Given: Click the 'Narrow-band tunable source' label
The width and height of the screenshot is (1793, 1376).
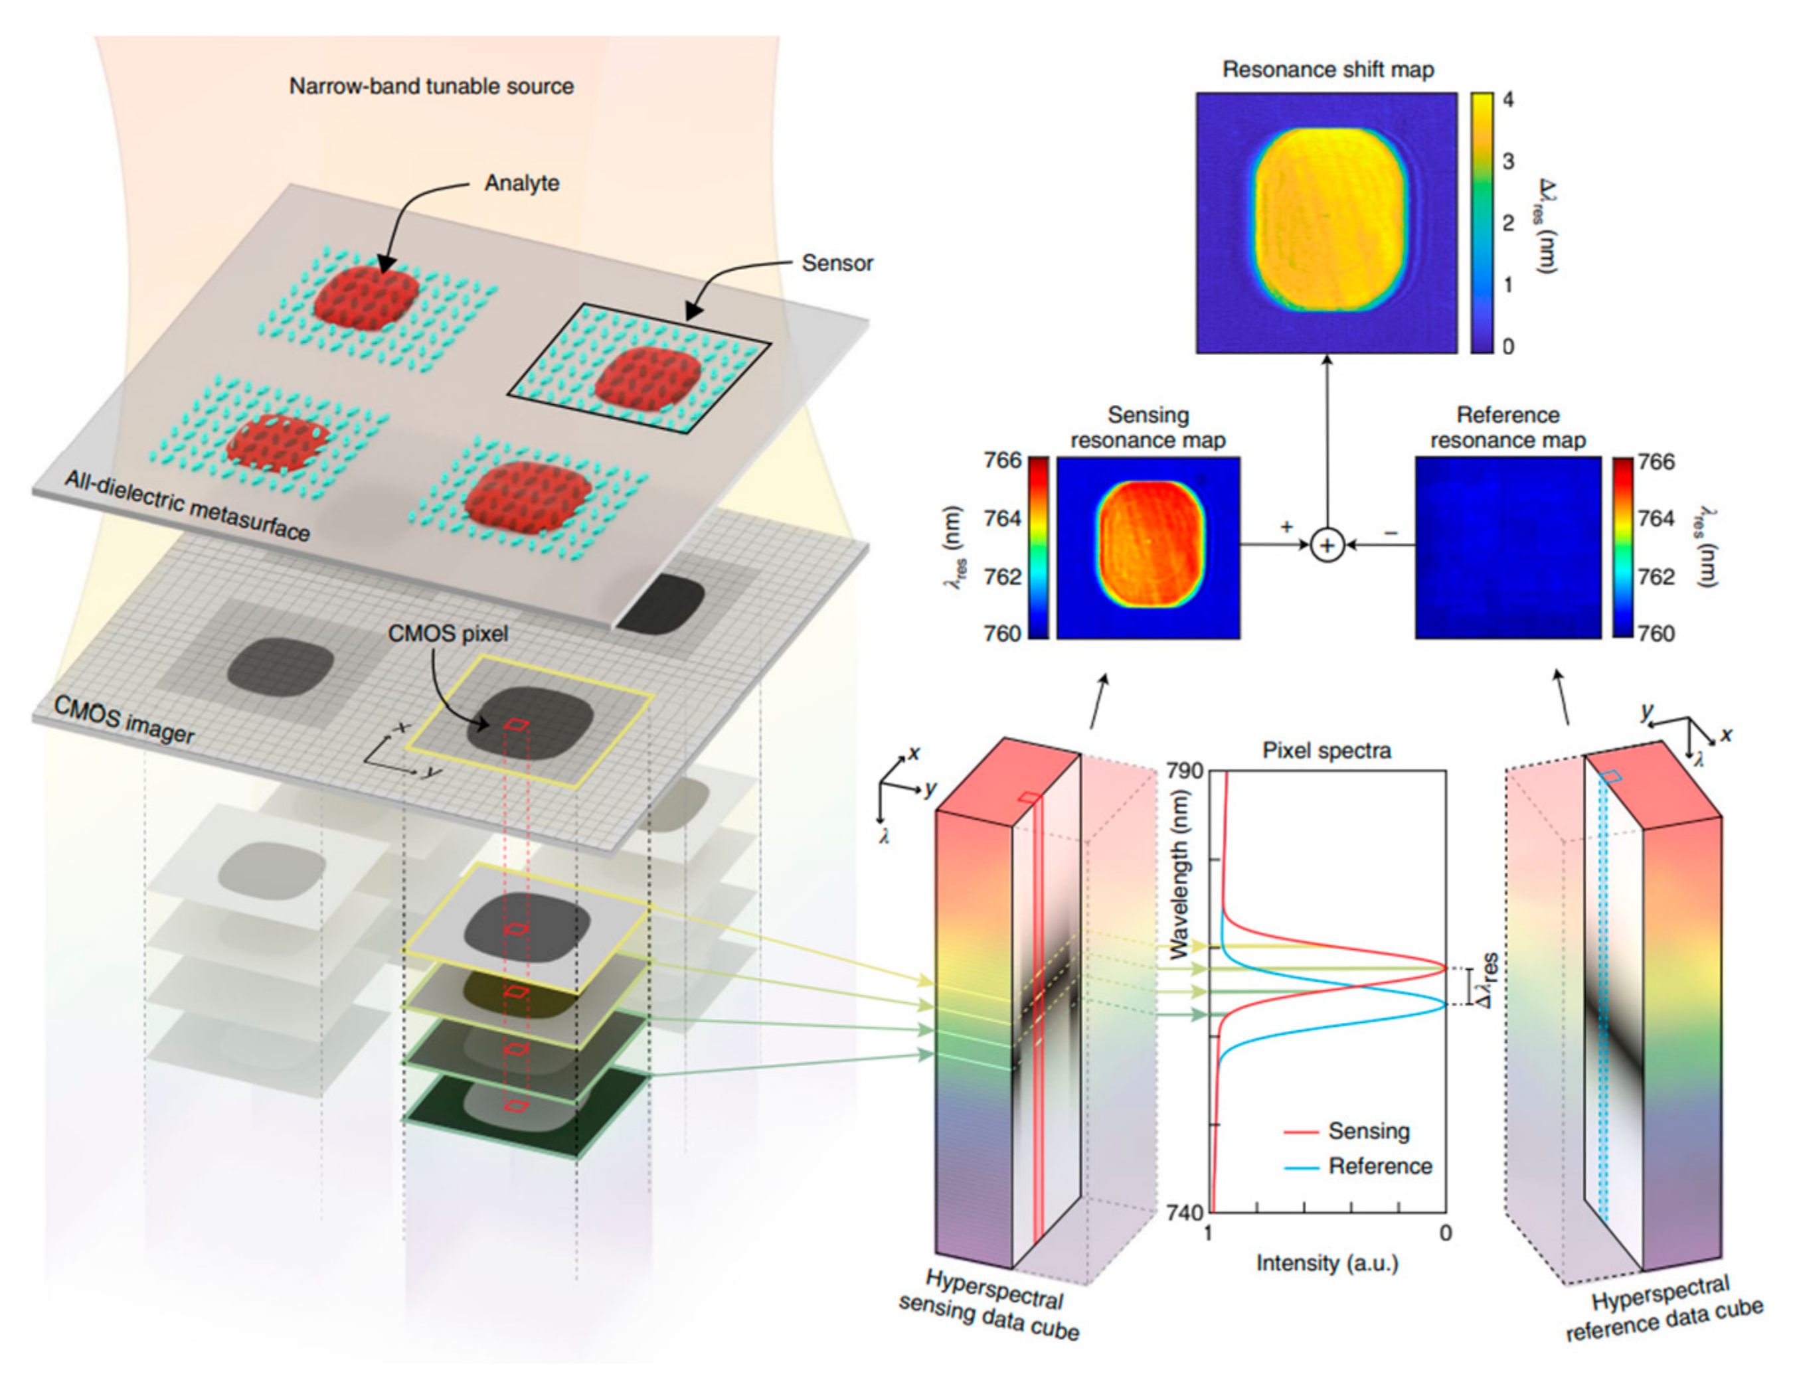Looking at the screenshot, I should pyautogui.click(x=431, y=86).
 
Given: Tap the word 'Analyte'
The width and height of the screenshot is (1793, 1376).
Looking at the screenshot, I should pyautogui.click(x=521, y=183).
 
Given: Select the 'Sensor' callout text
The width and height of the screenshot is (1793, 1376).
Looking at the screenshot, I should pyautogui.click(x=837, y=263).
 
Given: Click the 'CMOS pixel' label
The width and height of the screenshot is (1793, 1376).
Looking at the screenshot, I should pyautogui.click(x=448, y=633).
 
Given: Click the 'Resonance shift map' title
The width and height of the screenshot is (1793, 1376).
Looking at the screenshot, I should pyautogui.click(x=1327, y=70).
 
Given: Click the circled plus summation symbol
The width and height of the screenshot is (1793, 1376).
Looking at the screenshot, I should pyautogui.click(x=1327, y=545).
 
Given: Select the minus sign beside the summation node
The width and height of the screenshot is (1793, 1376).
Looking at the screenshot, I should pyautogui.click(x=1390, y=532).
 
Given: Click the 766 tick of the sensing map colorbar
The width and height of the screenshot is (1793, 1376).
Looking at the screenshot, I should pyautogui.click(x=1003, y=460).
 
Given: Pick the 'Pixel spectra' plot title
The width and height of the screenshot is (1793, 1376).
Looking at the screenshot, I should pyautogui.click(x=1326, y=750).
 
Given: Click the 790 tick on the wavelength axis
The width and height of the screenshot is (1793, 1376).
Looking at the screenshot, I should pyautogui.click(x=1184, y=771).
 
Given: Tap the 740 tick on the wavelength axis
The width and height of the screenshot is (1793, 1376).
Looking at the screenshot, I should pyautogui.click(x=1184, y=1212).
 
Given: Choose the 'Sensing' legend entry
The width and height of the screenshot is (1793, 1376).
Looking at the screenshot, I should pyautogui.click(x=1369, y=1131).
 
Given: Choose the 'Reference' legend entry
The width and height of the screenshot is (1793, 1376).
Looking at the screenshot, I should pyautogui.click(x=1380, y=1166).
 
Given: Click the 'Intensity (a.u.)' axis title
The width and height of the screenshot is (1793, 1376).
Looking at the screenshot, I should pyautogui.click(x=1327, y=1263).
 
